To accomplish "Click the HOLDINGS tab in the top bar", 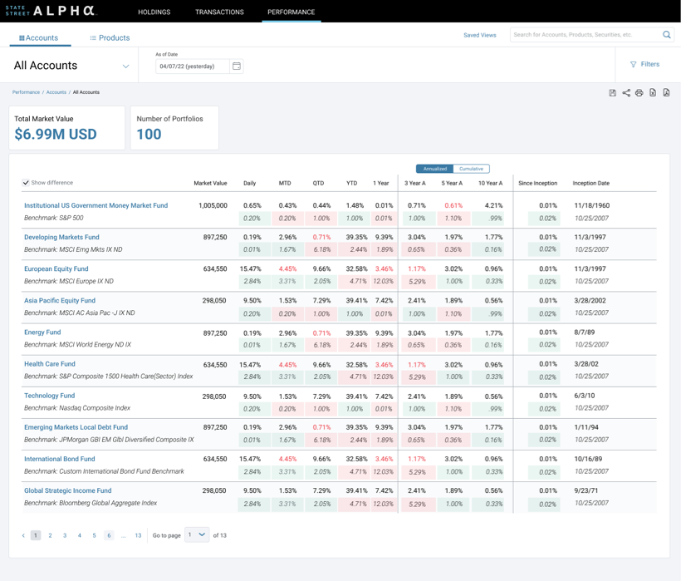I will point(154,12).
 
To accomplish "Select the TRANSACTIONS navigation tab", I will point(219,12).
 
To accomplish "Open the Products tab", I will point(110,38).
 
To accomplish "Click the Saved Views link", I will point(479,36).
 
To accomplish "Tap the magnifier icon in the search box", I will point(666,35).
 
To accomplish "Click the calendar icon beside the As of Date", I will point(237,66).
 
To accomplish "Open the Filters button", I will point(644,64).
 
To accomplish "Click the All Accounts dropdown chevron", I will point(126,66).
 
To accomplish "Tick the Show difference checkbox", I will point(26,183).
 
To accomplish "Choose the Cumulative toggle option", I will point(471,169).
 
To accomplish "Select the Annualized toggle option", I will point(434,169).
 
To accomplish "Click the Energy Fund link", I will point(42,332).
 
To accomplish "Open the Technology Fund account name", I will point(49,396).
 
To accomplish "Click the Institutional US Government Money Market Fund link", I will point(96,205).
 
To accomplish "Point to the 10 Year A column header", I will point(490,183).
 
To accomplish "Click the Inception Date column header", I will point(590,183).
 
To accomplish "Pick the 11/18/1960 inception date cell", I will point(591,205).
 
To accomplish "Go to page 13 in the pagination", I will point(138,536).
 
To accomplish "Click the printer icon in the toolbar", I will point(639,93).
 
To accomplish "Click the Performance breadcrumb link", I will point(26,92).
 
